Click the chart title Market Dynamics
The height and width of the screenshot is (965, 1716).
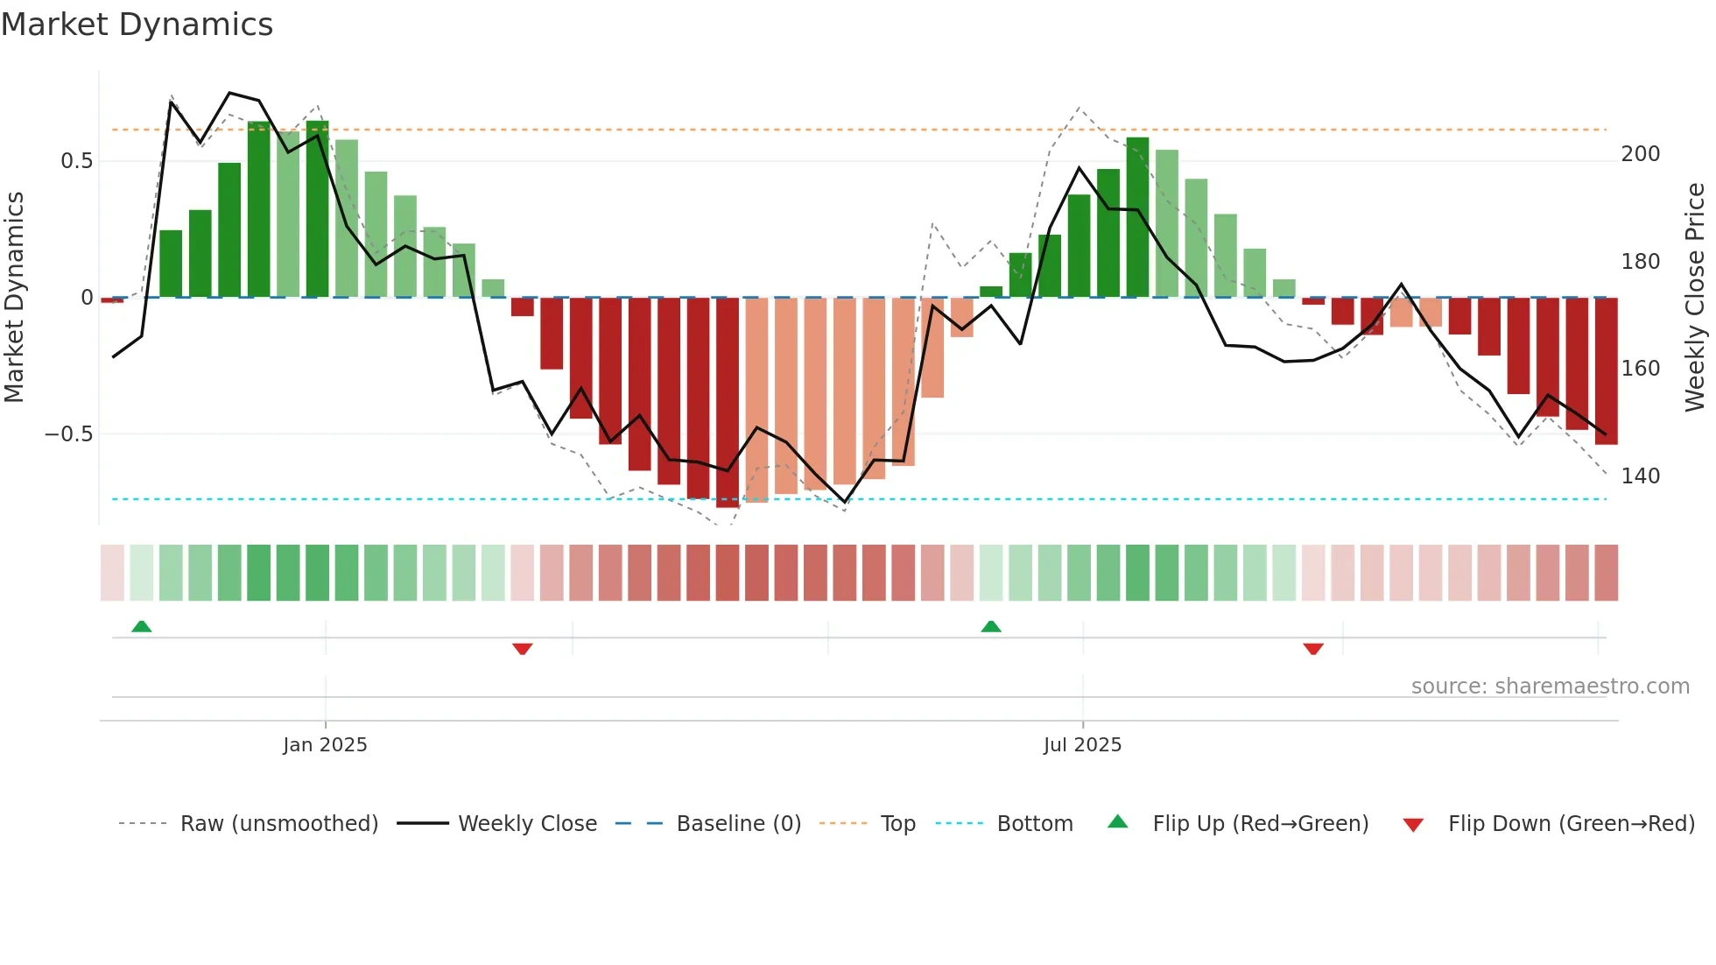point(137,25)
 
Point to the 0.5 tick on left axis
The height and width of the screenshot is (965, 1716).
point(76,161)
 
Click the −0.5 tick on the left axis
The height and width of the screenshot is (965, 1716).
point(68,434)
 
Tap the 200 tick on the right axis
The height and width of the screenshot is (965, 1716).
point(1640,154)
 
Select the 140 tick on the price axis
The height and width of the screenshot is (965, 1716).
point(1640,476)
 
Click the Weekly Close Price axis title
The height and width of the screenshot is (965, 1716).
point(1695,298)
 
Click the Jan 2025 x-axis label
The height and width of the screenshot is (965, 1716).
point(325,745)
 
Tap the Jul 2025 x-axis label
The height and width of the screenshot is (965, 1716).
point(1082,745)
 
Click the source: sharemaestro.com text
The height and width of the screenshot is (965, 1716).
point(1550,687)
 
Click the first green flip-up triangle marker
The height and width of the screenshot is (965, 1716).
point(141,626)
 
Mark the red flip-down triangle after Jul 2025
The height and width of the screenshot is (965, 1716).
point(1312,649)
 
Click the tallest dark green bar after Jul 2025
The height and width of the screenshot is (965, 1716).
point(1137,217)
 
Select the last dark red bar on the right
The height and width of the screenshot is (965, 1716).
point(1606,371)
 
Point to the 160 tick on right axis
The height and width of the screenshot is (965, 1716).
point(1640,369)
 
